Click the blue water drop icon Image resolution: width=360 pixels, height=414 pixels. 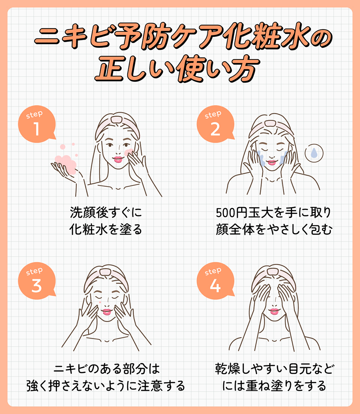tap(314, 153)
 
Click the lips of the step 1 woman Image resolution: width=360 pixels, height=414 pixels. tap(117, 159)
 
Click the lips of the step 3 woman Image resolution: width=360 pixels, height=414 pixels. tap(107, 312)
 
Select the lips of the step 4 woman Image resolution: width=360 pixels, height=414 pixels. tap(274, 311)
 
